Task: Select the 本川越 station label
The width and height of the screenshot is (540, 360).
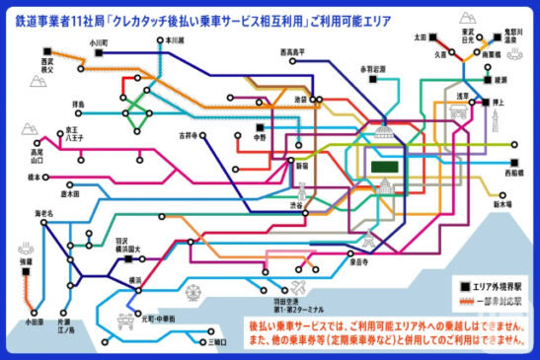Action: [175, 40]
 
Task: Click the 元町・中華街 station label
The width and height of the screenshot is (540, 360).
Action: [160, 318]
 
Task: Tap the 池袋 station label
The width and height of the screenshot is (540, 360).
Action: [301, 101]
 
